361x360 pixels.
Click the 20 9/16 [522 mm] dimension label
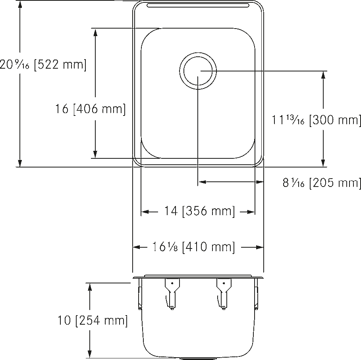point(43,65)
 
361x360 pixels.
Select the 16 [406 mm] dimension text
point(90,109)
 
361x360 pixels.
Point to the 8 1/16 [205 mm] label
point(322,183)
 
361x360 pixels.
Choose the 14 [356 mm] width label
point(199,211)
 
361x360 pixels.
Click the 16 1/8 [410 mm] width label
point(194,247)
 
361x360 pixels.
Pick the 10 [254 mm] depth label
point(92,320)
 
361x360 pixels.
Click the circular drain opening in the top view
point(198,71)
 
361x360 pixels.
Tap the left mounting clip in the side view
point(172,294)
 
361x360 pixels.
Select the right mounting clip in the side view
point(224,294)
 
